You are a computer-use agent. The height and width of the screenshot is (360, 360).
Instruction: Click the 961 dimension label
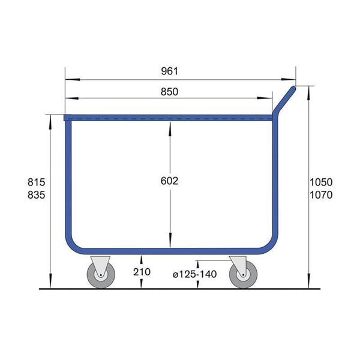tap(169, 71)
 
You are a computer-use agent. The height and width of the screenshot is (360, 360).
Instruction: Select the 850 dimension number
tap(169, 92)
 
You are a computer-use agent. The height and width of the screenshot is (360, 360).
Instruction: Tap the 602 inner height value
tap(169, 181)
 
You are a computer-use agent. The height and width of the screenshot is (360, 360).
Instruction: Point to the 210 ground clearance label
tap(142, 272)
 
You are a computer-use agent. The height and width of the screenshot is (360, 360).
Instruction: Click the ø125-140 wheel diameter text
tap(194, 274)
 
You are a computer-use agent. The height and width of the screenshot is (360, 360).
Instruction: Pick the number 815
tap(36, 182)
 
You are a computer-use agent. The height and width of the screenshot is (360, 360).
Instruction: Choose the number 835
tap(36, 195)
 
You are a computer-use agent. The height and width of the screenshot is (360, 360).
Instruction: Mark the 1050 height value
tap(321, 182)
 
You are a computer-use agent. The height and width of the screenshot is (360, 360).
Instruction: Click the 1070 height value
tap(321, 195)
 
